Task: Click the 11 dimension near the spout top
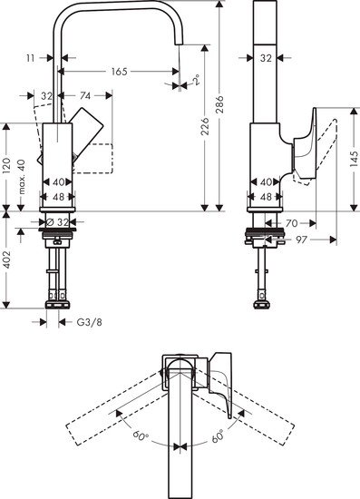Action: tap(32, 57)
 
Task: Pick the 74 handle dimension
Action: tap(84, 94)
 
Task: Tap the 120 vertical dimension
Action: tap(8, 164)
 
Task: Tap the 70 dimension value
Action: tap(291, 221)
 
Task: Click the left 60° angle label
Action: tap(139, 436)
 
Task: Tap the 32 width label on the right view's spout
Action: tap(266, 57)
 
